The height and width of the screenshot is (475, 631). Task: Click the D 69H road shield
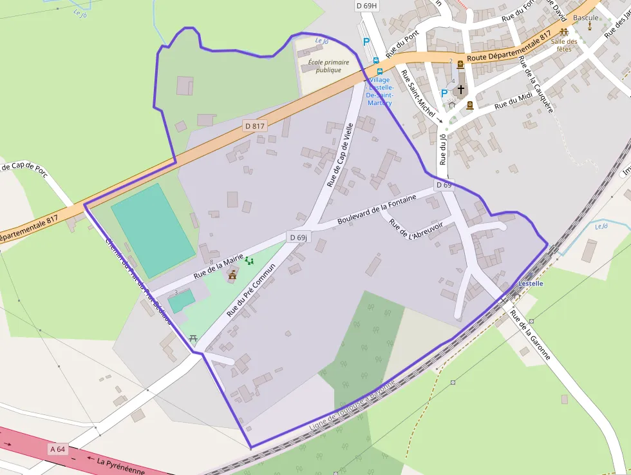pos(367,6)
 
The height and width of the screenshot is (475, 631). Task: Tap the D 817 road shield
pos(254,126)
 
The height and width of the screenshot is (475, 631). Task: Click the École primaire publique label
pos(328,66)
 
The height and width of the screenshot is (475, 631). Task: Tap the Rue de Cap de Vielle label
pos(341,155)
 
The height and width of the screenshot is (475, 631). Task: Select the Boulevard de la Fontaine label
pos(386,213)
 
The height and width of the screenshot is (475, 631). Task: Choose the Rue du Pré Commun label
pos(251,289)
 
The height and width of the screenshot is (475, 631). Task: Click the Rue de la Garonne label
pos(531,334)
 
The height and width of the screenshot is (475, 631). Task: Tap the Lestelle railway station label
pos(531,284)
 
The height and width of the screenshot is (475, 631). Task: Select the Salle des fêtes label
pos(564,45)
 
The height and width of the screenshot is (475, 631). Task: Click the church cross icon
pos(460,89)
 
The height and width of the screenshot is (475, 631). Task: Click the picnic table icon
pos(192,338)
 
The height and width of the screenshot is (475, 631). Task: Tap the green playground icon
pos(249,260)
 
